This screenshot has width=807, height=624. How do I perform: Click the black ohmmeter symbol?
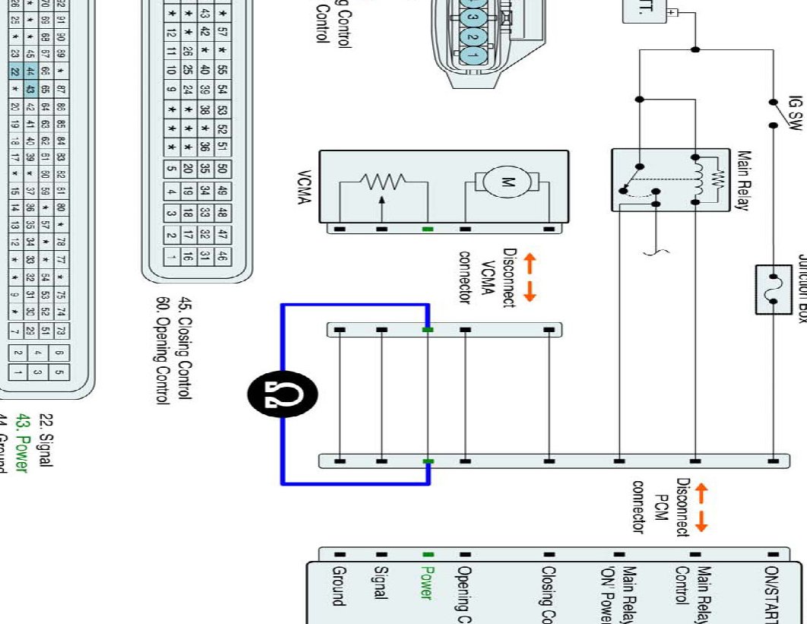pos(283,393)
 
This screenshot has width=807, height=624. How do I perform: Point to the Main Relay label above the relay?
pos(744,180)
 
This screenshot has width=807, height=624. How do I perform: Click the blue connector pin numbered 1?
pos(473,54)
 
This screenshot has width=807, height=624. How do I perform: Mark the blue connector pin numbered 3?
pos(473,16)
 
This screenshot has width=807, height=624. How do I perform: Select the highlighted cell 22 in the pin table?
pos(14,72)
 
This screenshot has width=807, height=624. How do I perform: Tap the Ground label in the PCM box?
pos(339,586)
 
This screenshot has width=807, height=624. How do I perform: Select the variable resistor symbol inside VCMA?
pos(383,185)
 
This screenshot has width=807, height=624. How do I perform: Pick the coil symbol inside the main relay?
pos(698,180)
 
